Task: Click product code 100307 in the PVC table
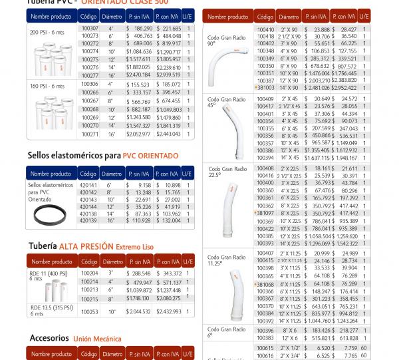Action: pyautogui.click(x=88, y=29)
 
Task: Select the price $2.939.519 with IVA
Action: pyautogui.click(x=168, y=76)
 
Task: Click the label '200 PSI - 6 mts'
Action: pyautogui.click(x=47, y=32)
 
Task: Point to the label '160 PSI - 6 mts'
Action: pyautogui.click(x=47, y=87)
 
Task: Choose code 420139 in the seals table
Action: pyautogui.click(x=88, y=220)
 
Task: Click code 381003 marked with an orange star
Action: pyautogui.click(x=265, y=87)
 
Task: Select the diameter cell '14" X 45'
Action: pyautogui.click(x=289, y=158)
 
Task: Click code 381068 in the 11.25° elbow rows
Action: pyautogui.click(x=265, y=283)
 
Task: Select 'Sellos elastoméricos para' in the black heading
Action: pyautogui.click(x=65, y=156)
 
